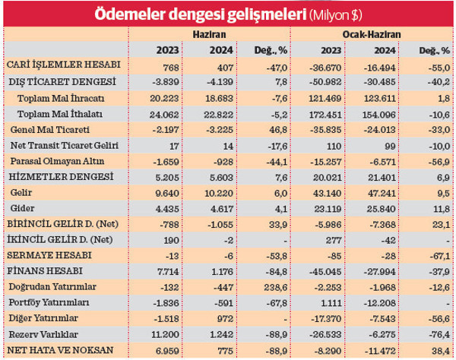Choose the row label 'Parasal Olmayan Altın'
pyautogui.click(x=58, y=160)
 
